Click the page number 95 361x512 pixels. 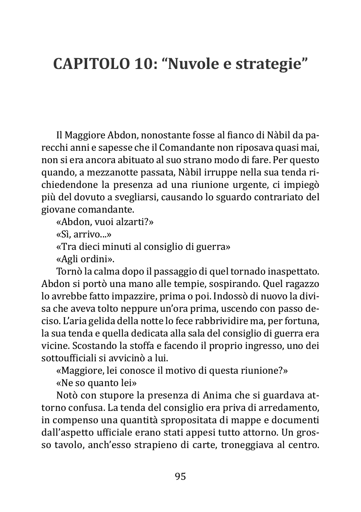[180, 476]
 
